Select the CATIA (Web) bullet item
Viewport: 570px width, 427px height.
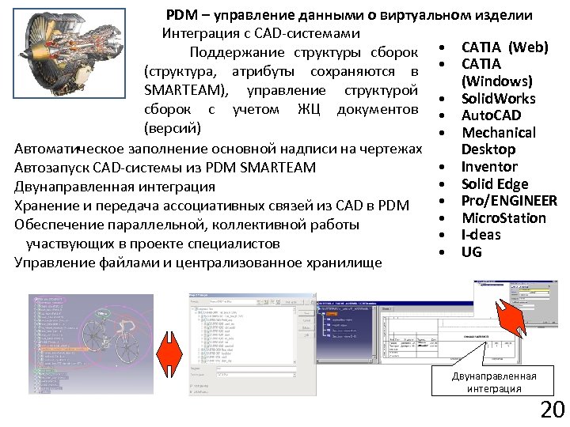(504, 47)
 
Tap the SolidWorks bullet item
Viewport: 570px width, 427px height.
(498, 99)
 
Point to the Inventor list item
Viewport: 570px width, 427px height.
(489, 167)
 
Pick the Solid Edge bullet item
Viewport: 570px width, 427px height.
(495, 184)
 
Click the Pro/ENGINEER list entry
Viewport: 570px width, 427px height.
(509, 201)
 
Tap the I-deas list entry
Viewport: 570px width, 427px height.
(481, 235)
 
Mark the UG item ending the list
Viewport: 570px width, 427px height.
(471, 252)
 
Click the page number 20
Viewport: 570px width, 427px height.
(551, 410)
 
